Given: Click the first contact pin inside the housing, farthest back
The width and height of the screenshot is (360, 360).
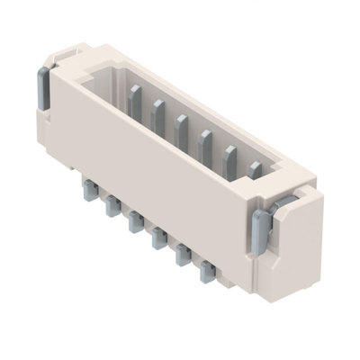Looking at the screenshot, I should [135, 101].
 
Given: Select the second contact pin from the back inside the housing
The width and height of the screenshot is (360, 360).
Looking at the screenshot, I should [158, 114].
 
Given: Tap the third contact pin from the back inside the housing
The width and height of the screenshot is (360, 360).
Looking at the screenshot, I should [181, 128].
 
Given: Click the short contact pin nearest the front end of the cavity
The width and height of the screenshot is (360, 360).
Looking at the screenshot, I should [255, 168].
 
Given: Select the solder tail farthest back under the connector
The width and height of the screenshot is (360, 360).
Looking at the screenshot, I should [89, 190].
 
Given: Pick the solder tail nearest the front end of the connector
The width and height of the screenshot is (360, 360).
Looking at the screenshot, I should [208, 268].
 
